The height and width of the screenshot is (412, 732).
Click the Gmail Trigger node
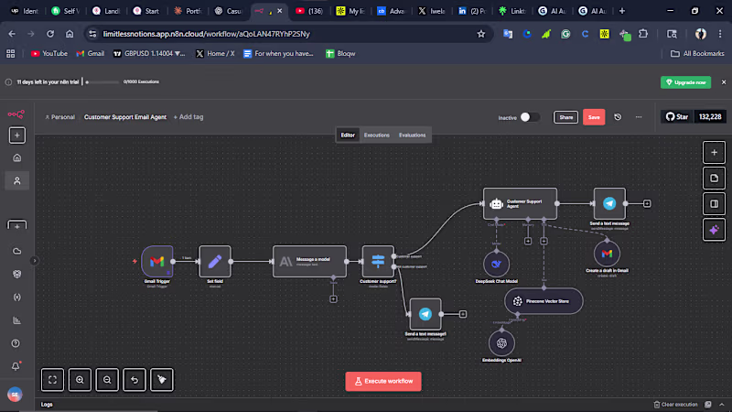click(x=156, y=262)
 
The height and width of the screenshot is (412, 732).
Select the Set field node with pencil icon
click(x=216, y=262)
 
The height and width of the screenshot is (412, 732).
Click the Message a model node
click(x=309, y=262)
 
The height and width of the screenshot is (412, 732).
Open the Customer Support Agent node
click(x=519, y=203)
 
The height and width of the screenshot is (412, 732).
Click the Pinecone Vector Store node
click(x=543, y=300)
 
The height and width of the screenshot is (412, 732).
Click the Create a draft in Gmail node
click(x=607, y=253)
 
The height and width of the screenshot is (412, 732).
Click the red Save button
click(x=594, y=117)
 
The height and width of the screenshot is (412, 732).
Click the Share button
click(x=566, y=117)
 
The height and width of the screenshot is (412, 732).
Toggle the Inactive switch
click(x=530, y=117)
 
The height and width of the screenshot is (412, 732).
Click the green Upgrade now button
click(x=685, y=82)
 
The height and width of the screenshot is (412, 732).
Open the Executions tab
click(x=377, y=135)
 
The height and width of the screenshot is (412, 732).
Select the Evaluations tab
click(x=412, y=135)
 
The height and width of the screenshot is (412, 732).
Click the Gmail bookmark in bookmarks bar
click(x=91, y=53)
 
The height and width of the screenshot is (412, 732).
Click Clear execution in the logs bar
click(x=676, y=404)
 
